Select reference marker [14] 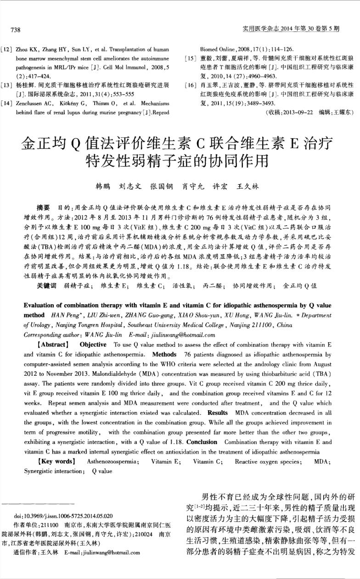pos(7,103)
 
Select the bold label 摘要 pos(43,207)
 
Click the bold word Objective pos(93,344)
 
